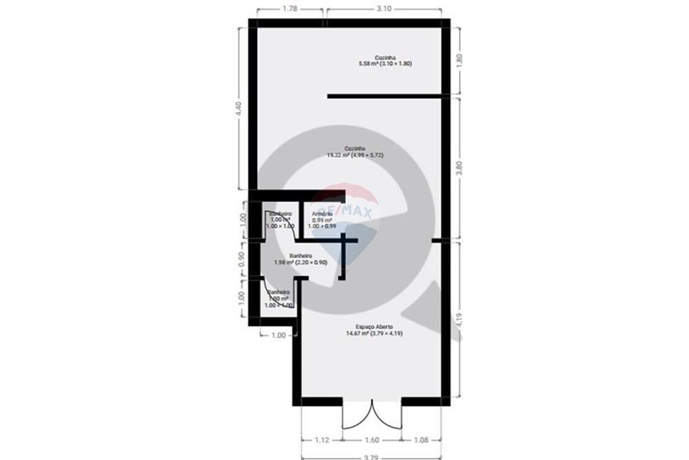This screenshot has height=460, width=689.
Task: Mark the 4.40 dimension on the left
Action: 238,109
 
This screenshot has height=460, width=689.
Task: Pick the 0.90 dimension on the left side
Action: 241,259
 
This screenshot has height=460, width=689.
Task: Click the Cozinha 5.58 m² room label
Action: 384,60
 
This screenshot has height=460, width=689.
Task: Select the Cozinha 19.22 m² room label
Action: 355,152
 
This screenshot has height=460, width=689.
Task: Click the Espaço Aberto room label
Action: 374,330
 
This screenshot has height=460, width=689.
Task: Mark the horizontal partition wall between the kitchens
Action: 384,96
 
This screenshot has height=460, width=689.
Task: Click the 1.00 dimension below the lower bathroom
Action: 278,335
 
